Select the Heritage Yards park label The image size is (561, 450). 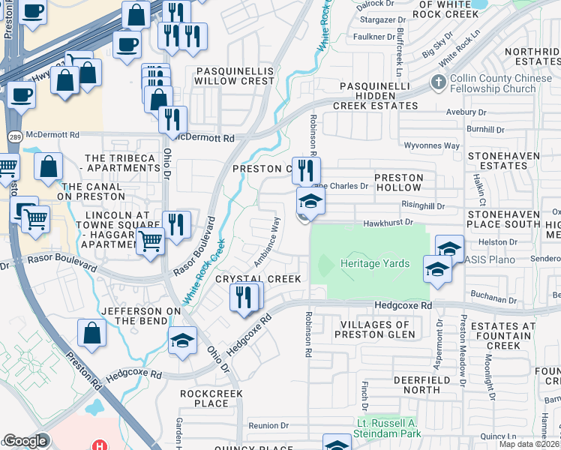375,264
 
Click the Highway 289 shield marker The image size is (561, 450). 14,136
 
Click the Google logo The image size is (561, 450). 25,442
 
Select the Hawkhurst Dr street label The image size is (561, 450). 388,222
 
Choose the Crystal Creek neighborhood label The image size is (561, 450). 258,278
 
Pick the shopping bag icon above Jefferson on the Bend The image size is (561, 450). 91,333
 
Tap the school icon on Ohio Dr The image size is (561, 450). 181,340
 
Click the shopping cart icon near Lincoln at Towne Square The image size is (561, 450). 150,241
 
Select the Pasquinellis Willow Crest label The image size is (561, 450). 235,75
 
